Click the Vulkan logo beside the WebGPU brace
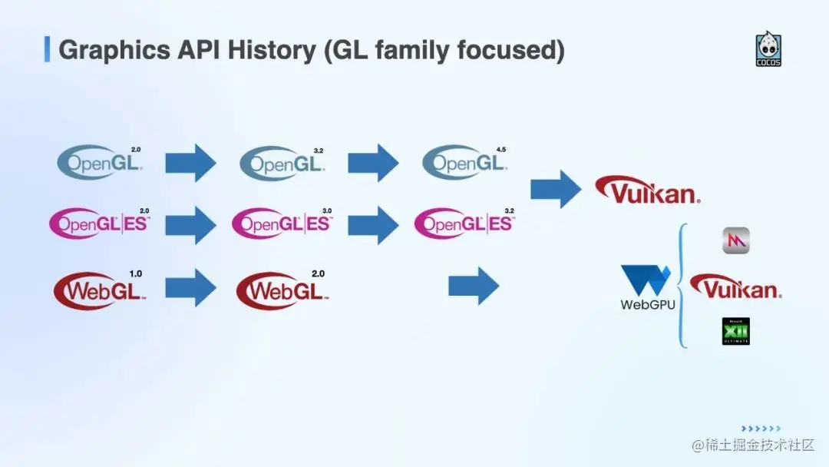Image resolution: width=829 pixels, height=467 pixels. pyautogui.click(x=735, y=288)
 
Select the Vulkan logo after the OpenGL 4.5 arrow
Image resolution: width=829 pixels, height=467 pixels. pyautogui.click(x=648, y=190)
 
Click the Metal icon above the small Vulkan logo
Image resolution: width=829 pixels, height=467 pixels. pyautogui.click(x=735, y=240)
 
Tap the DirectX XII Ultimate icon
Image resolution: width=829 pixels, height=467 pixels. pyautogui.click(x=735, y=331)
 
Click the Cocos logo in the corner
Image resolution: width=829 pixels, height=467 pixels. pyautogui.click(x=768, y=49)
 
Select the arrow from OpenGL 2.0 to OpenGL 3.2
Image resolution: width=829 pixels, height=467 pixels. pyautogui.click(x=191, y=162)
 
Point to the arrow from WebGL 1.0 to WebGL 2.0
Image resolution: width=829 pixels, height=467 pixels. pyautogui.click(x=191, y=287)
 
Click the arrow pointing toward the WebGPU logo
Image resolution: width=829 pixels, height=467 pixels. pyautogui.click(x=474, y=286)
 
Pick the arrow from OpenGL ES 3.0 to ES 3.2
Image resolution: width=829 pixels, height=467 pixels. pyautogui.click(x=373, y=224)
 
